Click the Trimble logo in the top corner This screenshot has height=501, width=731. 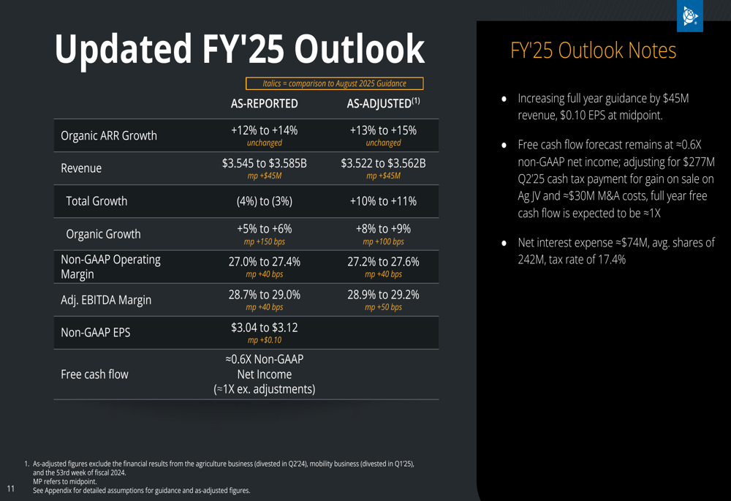(689, 17)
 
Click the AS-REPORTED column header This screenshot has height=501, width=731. (264, 104)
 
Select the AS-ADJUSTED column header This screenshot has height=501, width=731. (383, 104)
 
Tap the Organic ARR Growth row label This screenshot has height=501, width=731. (109, 136)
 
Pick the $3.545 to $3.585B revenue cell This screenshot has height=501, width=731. (264, 163)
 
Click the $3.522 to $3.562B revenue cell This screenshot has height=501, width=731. (383, 163)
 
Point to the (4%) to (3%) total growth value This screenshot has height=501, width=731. (264, 201)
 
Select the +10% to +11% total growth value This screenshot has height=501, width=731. (383, 201)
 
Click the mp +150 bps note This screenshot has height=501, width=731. (264, 242)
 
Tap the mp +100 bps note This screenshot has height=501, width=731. (383, 242)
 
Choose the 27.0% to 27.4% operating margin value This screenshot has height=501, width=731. (264, 262)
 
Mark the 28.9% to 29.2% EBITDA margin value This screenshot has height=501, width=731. (383, 295)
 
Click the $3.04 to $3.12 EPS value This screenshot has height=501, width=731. (264, 328)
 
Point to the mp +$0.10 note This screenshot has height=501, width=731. (264, 341)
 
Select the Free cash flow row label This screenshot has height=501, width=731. (94, 374)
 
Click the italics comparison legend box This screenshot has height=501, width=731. (334, 83)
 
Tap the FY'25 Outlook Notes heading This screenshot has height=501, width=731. (593, 51)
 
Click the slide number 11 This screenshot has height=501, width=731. (12, 488)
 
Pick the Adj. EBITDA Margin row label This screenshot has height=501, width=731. (106, 300)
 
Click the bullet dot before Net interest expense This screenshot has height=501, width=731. (504, 243)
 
